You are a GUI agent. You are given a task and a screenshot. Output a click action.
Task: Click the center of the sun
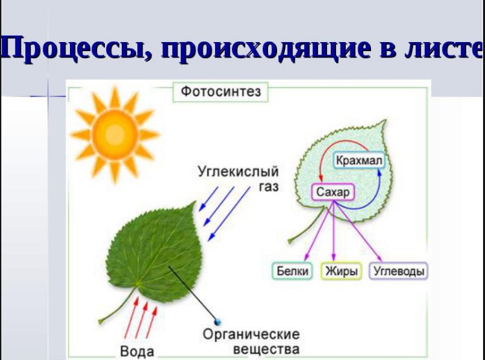click(x=115, y=134)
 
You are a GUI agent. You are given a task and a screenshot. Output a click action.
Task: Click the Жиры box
click(x=341, y=271)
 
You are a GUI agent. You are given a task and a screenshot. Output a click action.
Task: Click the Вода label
click(x=137, y=352)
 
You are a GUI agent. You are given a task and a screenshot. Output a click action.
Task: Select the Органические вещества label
click(x=251, y=342)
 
